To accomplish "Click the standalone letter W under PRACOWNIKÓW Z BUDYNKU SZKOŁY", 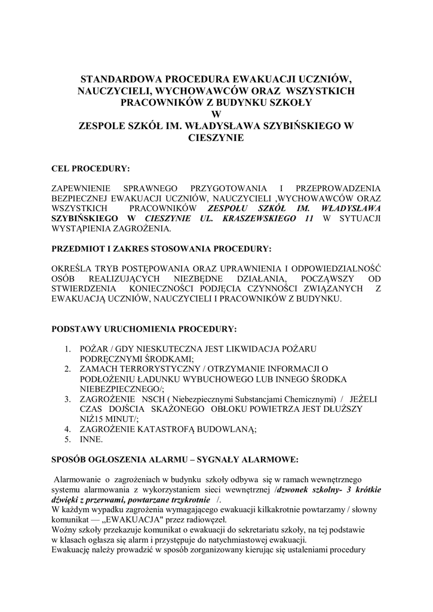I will coord(216,115).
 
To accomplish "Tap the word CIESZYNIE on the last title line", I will coord(216,138).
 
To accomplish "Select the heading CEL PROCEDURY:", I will coord(91,169).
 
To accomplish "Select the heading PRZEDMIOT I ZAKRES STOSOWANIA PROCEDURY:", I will coord(161,248).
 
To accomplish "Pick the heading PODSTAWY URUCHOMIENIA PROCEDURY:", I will coord(144,329).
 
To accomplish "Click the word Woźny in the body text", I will coord(64,530).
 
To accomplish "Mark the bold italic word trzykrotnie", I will coord(194,499).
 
